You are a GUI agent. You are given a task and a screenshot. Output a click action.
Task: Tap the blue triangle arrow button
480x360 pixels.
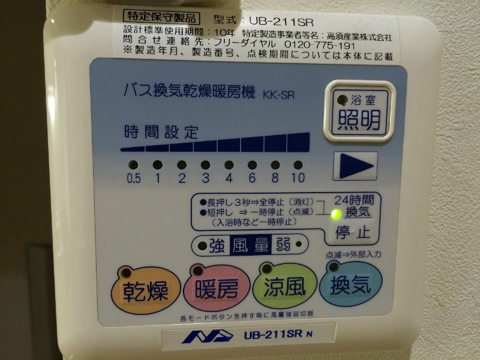tap(355, 166)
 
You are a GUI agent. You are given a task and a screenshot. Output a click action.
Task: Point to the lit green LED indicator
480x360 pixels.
tap(337, 214)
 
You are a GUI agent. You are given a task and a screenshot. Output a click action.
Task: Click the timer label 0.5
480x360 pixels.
tap(133, 178)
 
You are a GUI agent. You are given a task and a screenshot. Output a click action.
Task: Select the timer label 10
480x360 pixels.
tap(298, 178)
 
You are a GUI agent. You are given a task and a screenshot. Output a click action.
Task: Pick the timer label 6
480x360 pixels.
tap(252, 178)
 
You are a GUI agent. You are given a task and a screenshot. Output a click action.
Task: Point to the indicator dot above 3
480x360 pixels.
tap(205, 164)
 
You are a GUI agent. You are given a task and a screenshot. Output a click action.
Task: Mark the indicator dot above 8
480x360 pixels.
tap(275, 164)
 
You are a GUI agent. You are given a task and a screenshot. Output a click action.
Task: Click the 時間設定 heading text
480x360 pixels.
tap(161, 131)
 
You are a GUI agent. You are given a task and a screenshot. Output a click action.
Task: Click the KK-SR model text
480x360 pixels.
tap(278, 94)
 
